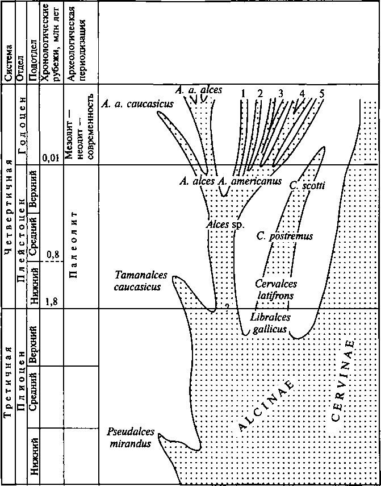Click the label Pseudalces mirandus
(130, 438)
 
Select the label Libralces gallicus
(269, 322)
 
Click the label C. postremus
(284, 236)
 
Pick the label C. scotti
(307, 185)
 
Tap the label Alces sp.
(225, 225)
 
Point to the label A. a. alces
(199, 90)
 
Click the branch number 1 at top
(242, 93)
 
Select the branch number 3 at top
(280, 93)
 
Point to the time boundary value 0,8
(53, 255)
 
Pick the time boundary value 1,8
(52, 302)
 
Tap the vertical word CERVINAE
(343, 381)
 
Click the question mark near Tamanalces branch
(227, 306)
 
